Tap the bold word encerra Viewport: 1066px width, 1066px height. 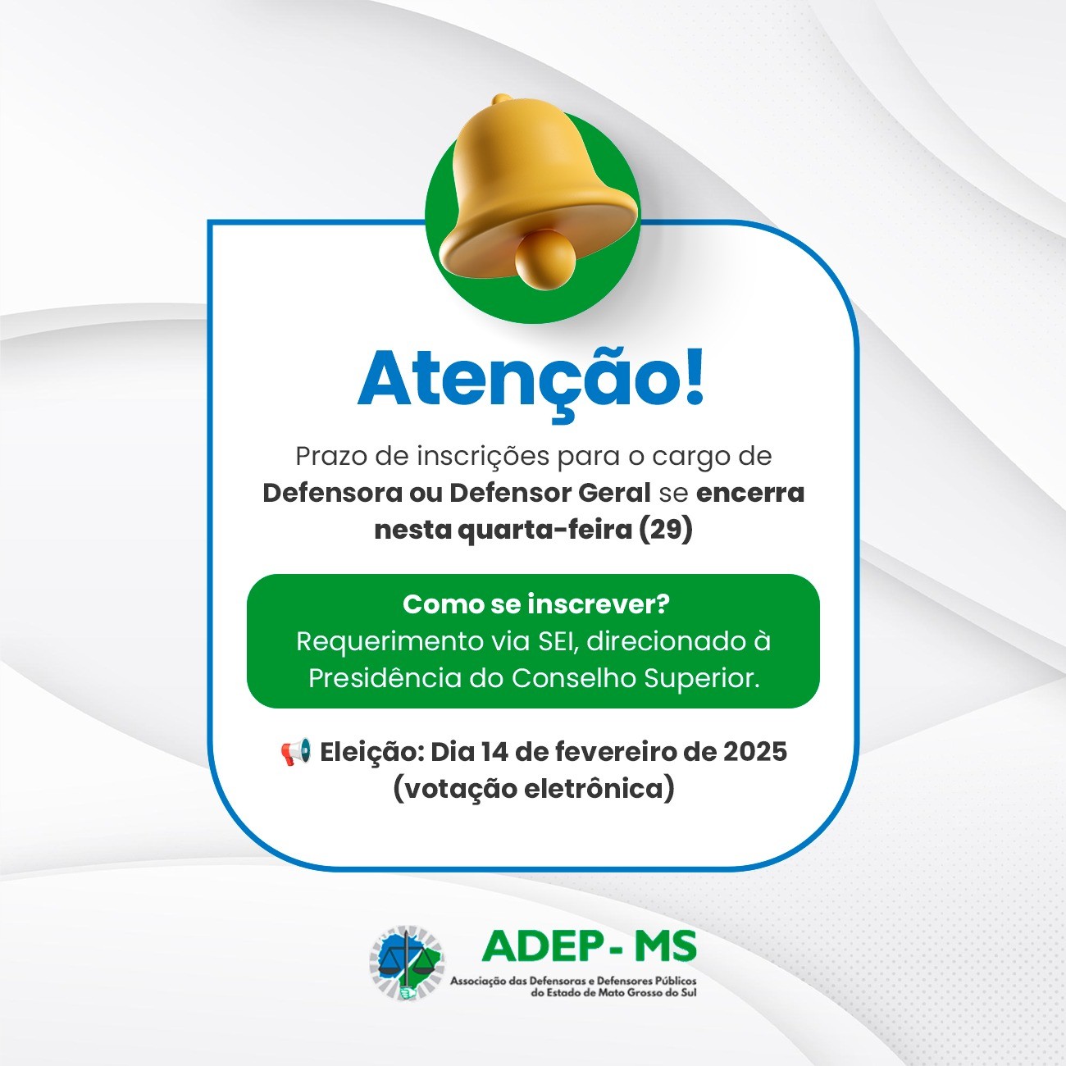[x=750, y=493]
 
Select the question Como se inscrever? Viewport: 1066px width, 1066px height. [x=535, y=604]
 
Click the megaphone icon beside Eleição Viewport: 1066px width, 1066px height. [x=295, y=752]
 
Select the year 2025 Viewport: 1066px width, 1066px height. [x=755, y=752]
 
